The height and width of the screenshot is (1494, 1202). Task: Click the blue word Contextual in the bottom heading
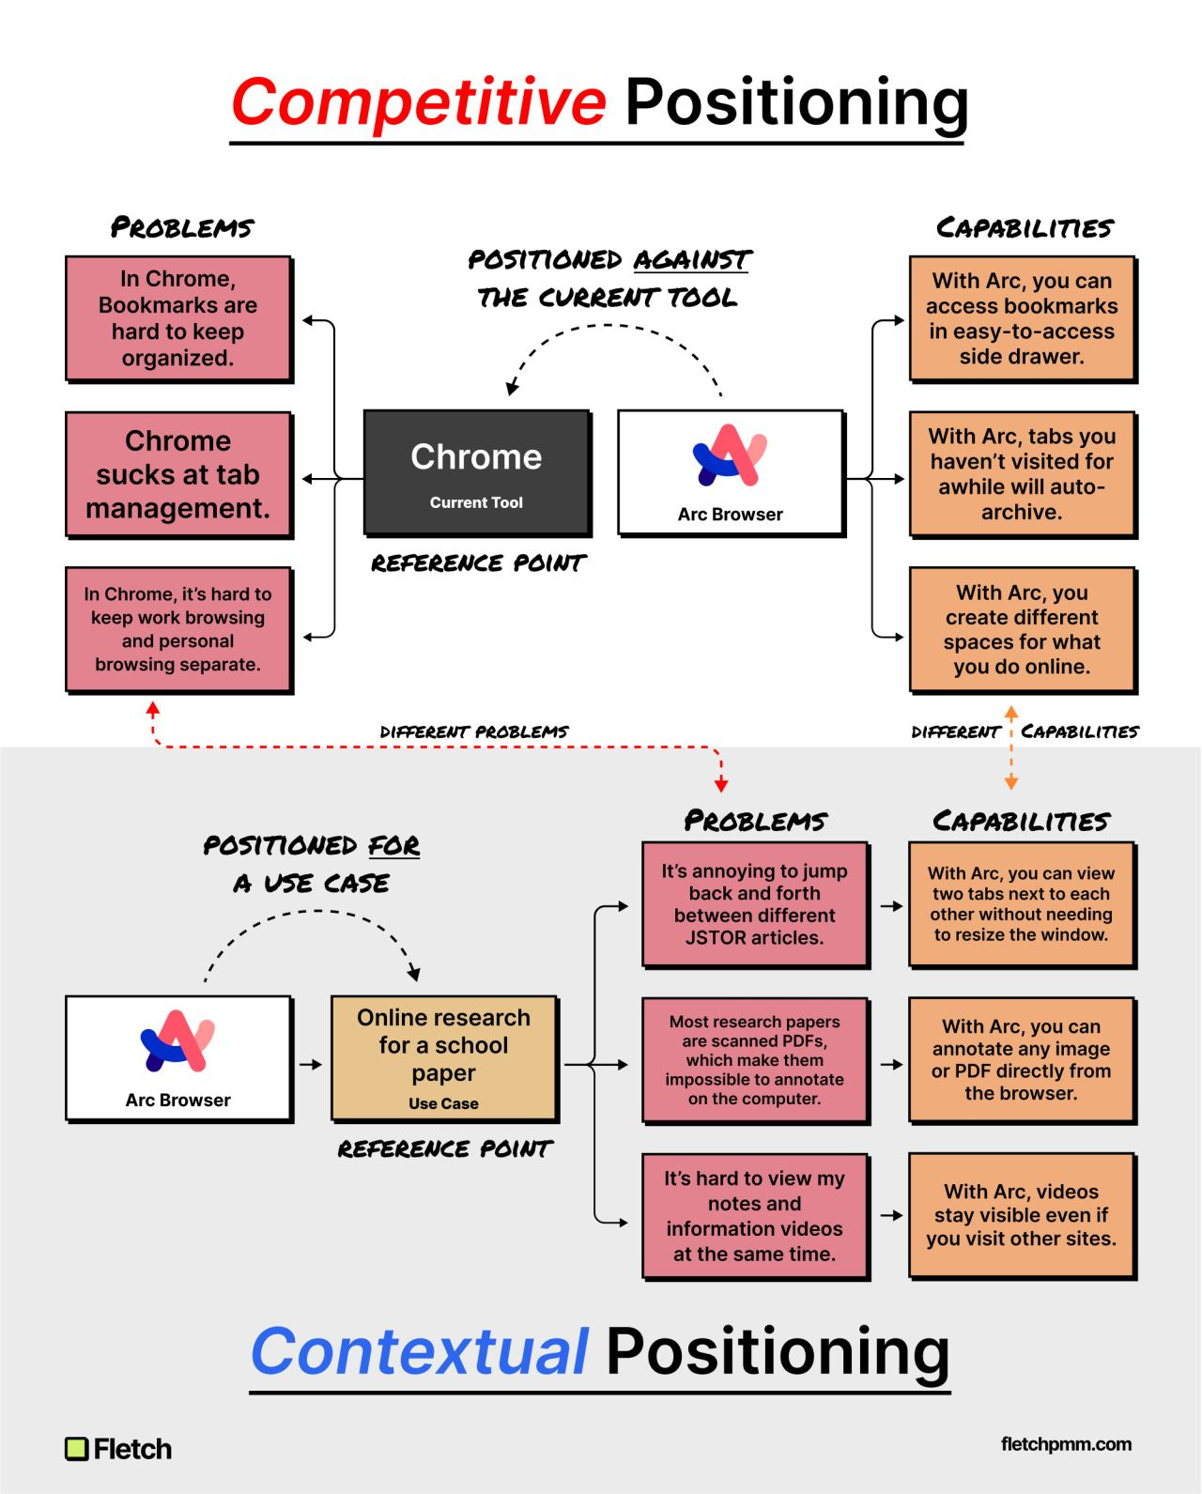[x=420, y=1351]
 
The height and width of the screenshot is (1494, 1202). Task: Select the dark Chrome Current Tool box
[x=476, y=472]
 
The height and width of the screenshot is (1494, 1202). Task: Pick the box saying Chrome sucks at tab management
[x=178, y=474]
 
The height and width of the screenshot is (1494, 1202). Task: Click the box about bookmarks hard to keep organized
[x=178, y=318]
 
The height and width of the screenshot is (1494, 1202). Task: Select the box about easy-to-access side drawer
[x=1022, y=318]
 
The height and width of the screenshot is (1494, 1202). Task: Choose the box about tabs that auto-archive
[x=1022, y=474]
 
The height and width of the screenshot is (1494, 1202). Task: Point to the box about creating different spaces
[x=1022, y=629]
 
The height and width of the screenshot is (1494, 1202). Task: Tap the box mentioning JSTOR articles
[x=754, y=904]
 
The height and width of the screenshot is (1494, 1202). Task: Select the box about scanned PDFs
[x=754, y=1060]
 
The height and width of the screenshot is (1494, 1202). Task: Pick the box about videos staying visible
[x=1022, y=1215]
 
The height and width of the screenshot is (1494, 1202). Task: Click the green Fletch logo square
[x=76, y=1449]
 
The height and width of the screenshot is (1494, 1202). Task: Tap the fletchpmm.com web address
[x=1066, y=1444]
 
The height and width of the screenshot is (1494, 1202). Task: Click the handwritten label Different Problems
[x=474, y=732]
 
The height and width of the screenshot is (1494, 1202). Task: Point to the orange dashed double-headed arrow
[x=1011, y=748]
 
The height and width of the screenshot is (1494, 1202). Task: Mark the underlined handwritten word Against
[x=692, y=260]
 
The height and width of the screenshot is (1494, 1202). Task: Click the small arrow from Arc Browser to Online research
[x=311, y=1065]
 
